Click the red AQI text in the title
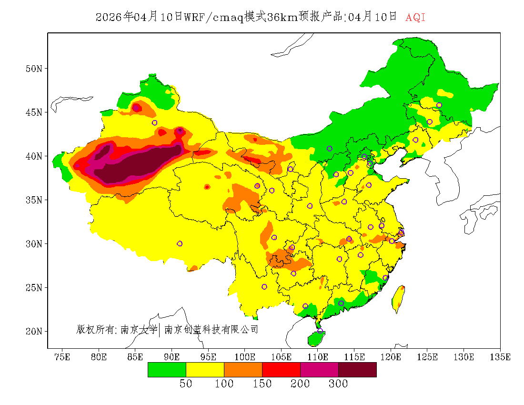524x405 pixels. click(415, 18)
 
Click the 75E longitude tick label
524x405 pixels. click(62, 357)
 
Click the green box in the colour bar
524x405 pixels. click(167, 369)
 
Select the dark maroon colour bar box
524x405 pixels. click(357, 369)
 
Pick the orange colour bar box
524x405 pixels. click(243, 369)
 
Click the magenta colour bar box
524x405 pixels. click(319, 369)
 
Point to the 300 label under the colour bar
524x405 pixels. click(338, 384)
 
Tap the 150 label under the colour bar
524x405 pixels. click(262, 384)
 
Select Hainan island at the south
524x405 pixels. click(315, 338)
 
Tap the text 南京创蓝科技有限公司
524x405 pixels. click(211, 329)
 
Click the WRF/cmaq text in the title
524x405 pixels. click(213, 18)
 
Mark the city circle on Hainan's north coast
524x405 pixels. click(320, 331)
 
